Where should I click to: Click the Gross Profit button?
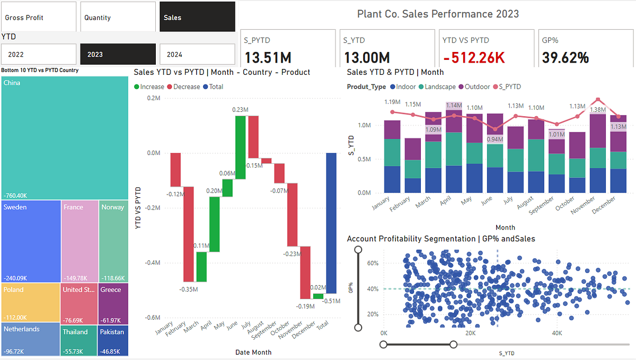pyautogui.click(x=39, y=17)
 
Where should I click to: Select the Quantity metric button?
pyautogui.click(x=118, y=17)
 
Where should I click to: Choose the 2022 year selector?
pyautogui.click(x=39, y=54)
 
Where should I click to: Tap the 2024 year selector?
pyautogui.click(x=197, y=54)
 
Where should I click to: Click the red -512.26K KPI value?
pyautogui.click(x=473, y=57)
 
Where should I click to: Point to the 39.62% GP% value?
pyautogui.click(x=566, y=57)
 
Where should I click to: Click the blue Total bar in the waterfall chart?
pyautogui.click(x=331, y=223)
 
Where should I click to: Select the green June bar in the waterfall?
pyautogui.click(x=240, y=147)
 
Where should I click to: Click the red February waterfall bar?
pyautogui.click(x=188, y=234)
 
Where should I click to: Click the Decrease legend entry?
pyautogui.click(x=183, y=86)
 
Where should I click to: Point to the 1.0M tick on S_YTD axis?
pyautogui.click(x=364, y=125)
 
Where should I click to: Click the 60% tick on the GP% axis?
pyautogui.click(x=373, y=263)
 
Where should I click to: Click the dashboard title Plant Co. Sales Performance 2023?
pyautogui.click(x=438, y=14)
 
